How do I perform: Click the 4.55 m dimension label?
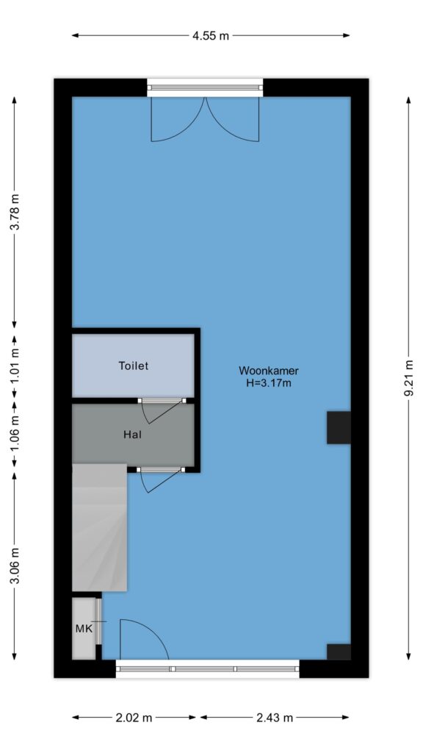[x=211, y=35]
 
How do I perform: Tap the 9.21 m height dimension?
[x=408, y=379]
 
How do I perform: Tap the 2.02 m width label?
[x=134, y=718]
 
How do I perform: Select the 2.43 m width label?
[x=275, y=718]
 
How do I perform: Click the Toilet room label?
[x=134, y=366]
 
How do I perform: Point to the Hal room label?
[x=133, y=435]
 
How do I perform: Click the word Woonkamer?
[x=269, y=371]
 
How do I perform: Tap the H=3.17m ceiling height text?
[x=269, y=383]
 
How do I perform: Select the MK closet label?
[x=84, y=628]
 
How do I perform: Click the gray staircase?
[x=99, y=527]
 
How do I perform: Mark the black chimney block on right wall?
[x=339, y=427]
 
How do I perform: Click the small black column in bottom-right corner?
[x=339, y=652]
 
